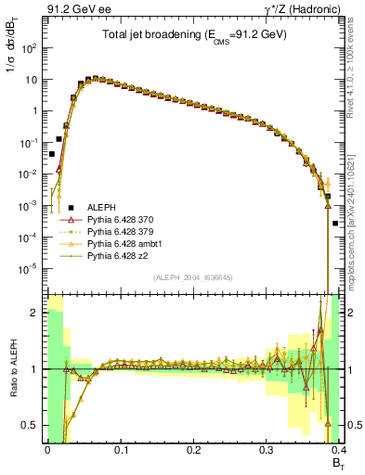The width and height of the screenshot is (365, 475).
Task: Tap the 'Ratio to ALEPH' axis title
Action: pyautogui.click(x=12, y=370)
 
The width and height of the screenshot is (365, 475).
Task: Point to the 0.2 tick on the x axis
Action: pyautogui.click(x=193, y=448)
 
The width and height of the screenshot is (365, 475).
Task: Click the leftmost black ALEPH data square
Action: pyautogui.click(x=51, y=155)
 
